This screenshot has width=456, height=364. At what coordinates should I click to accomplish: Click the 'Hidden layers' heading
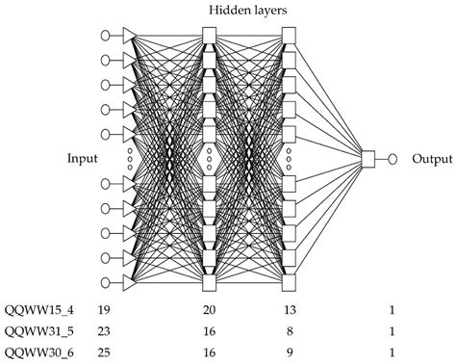coord(248,10)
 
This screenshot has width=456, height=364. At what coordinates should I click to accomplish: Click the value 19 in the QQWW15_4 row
coord(103,310)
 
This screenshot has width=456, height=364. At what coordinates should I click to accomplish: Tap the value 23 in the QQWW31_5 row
coord(103,331)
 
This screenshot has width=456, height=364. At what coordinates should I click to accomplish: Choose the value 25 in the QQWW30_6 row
coord(103,352)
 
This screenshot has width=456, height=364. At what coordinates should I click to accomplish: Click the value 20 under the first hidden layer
coord(210,310)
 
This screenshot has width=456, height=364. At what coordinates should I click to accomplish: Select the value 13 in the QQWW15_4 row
coord(289,310)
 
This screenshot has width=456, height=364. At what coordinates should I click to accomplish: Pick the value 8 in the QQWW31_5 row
coord(289,331)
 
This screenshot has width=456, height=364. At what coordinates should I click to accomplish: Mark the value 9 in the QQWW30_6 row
coord(289,352)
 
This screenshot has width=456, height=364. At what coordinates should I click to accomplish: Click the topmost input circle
coord(106,35)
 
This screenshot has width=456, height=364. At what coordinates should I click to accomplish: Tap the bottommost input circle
coord(106,283)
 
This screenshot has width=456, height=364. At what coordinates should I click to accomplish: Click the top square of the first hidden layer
coord(210,35)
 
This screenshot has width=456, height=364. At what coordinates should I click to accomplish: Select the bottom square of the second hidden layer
coord(288,283)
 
